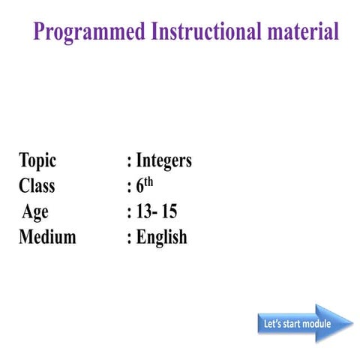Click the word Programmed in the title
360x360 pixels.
tap(89, 32)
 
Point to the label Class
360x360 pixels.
tap(37, 187)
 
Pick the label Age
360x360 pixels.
tap(35, 212)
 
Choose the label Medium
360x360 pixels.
tap(47, 238)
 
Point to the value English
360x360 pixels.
tap(161, 238)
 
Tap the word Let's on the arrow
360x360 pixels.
tap(272, 324)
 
